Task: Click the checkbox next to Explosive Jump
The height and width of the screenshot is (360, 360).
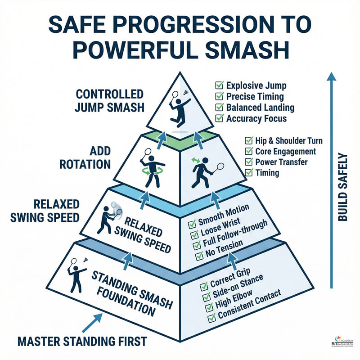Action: tap(220, 85)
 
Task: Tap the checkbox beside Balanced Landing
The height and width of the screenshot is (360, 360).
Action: tap(220, 108)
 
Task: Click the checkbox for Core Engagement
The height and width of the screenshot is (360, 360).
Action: tap(248, 152)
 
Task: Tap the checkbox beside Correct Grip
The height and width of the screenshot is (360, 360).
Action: tap(205, 286)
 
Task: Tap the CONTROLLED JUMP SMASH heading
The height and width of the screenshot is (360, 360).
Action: tap(110, 102)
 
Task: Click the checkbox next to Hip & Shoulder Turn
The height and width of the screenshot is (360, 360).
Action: tap(248, 141)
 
